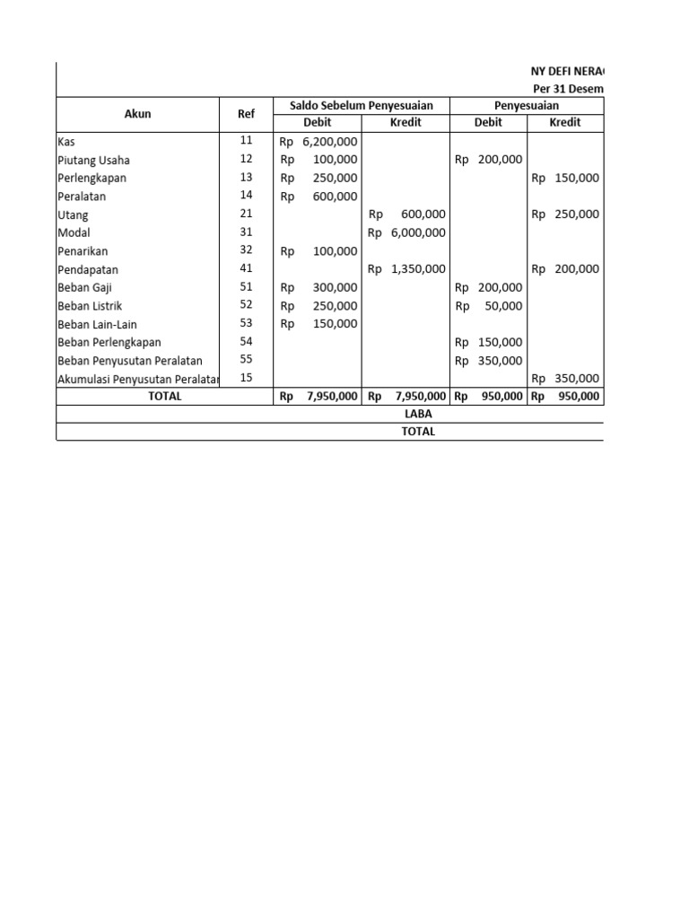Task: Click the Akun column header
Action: point(137,114)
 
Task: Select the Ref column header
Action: point(247,114)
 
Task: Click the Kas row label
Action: point(66,142)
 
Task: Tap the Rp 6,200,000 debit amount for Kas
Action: point(318,142)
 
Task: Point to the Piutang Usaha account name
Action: point(93,160)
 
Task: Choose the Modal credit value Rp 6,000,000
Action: point(406,232)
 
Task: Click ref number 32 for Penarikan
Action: point(247,250)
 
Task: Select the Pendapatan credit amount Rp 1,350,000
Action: point(406,269)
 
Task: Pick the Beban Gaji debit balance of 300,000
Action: point(318,287)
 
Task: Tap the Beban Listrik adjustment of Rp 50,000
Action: point(489,306)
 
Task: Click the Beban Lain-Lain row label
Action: point(97,324)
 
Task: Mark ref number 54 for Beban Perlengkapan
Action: point(247,342)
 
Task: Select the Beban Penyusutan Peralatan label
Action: point(129,361)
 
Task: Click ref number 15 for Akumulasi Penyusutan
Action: point(247,378)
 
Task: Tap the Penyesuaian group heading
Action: point(527,106)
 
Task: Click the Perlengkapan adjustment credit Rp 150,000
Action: point(565,178)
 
